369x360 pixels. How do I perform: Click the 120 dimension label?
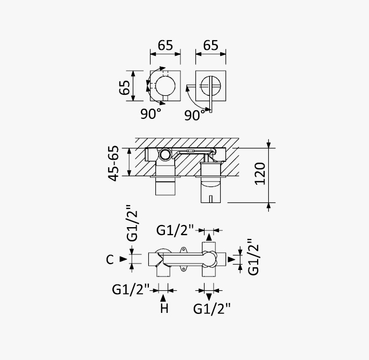pyautogui.click(x=260, y=174)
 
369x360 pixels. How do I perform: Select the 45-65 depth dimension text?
pyautogui.click(x=114, y=163)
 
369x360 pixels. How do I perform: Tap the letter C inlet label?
pyautogui.click(x=110, y=259)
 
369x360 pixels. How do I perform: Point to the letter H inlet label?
pyautogui.click(x=164, y=308)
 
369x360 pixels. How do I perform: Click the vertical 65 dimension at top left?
pyautogui.click(x=124, y=87)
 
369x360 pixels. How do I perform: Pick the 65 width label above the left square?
pyautogui.click(x=165, y=45)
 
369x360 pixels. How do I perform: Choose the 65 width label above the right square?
pyautogui.click(x=210, y=45)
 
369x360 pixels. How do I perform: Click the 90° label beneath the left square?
pyautogui.click(x=151, y=114)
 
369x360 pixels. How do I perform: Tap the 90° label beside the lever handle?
pyautogui.click(x=194, y=115)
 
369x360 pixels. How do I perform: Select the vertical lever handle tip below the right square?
pyautogui.click(x=210, y=111)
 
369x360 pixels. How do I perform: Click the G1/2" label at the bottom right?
pyautogui.click(x=212, y=309)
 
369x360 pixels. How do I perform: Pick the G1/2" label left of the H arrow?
pyautogui.click(x=131, y=289)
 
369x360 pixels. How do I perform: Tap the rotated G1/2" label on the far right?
pyautogui.click(x=253, y=257)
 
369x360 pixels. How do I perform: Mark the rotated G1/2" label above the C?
pyautogui.click(x=132, y=223)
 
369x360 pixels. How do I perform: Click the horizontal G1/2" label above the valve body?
pyautogui.click(x=175, y=230)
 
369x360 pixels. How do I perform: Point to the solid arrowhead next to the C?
pyautogui.click(x=123, y=259)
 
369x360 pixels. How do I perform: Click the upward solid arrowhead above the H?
pyautogui.click(x=163, y=298)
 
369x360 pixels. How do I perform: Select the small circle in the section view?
pyautogui.click(x=165, y=155)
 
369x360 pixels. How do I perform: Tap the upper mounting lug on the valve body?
pyautogui.click(x=183, y=250)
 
